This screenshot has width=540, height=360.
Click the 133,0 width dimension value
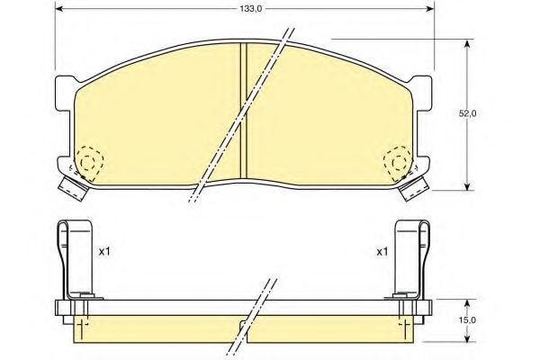(251, 9)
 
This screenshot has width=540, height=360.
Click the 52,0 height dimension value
(467, 114)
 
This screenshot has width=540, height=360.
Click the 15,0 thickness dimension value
(467, 320)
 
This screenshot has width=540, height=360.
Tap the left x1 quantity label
(104, 252)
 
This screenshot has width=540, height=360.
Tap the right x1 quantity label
(382, 252)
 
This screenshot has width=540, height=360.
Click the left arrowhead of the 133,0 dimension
(58, 9)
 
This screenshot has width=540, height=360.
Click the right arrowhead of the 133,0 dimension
(430, 9)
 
